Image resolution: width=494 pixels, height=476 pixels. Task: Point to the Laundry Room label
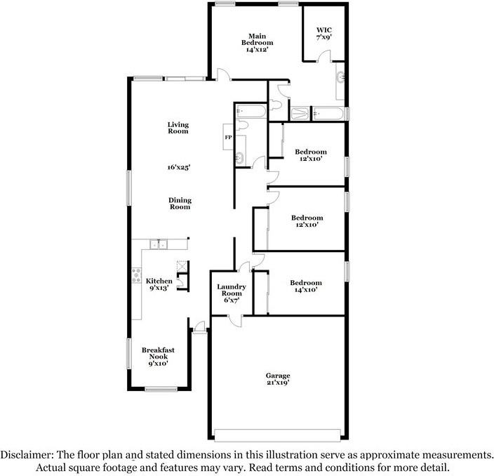229,289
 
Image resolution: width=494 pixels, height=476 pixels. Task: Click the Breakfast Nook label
158,357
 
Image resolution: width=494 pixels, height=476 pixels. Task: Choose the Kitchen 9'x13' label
159,284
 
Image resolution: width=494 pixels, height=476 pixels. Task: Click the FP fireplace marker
228,138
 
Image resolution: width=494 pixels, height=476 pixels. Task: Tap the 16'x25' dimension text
179,167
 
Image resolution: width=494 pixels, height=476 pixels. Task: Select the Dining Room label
180,204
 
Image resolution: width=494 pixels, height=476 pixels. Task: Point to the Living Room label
178,128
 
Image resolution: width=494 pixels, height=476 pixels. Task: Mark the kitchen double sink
157,245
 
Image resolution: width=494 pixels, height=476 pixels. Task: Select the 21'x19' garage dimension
278,383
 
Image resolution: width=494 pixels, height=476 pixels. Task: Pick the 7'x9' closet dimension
323,37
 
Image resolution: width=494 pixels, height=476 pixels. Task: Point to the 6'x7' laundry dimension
229,300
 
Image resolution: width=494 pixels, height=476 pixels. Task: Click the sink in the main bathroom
341,77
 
